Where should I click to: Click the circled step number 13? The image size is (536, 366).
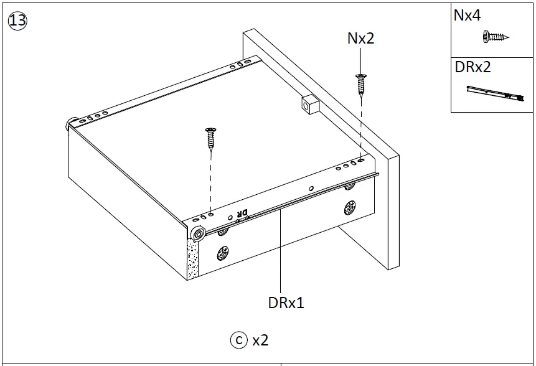click(x=17, y=21)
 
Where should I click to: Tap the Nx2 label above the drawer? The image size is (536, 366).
click(x=360, y=39)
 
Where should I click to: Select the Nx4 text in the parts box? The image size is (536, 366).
click(x=467, y=16)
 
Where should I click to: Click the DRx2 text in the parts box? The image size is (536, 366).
click(x=473, y=67)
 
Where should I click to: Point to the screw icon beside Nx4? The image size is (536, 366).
click(x=495, y=37)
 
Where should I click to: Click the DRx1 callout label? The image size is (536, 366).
click(x=286, y=303)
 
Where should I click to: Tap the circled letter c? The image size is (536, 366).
click(x=238, y=340)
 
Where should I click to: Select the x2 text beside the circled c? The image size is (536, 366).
click(x=260, y=340)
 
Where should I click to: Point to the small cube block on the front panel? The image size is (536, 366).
click(x=309, y=104)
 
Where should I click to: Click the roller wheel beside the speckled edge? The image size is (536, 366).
click(x=199, y=233)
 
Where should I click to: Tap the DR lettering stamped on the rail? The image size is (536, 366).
click(x=242, y=214)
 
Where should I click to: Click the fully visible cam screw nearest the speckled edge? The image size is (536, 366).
click(x=223, y=253)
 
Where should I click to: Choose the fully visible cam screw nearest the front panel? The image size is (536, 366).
click(x=350, y=207)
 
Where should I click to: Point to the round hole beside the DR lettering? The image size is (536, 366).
click(x=231, y=217)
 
